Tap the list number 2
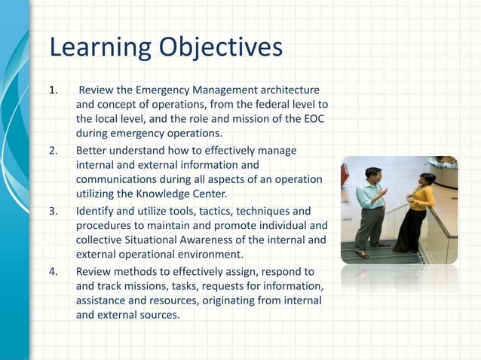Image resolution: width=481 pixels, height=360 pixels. pyautogui.click(x=53, y=151)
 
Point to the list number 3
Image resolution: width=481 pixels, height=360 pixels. pyautogui.click(x=53, y=211)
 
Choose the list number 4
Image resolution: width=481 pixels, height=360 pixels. pyautogui.click(x=53, y=271)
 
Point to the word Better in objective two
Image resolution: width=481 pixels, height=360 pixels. pyautogui.click(x=92, y=151)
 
